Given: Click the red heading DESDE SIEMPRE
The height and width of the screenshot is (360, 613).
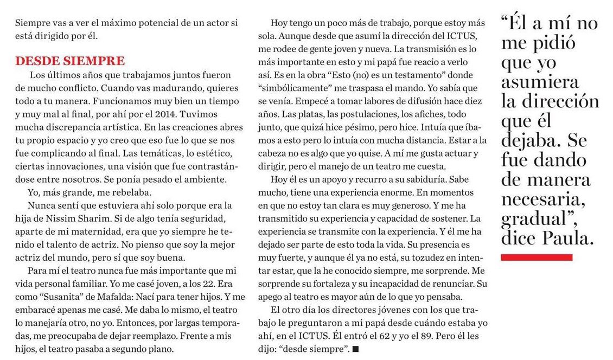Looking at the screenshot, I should point(69,61).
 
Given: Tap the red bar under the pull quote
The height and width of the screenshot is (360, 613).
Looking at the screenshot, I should point(537,258).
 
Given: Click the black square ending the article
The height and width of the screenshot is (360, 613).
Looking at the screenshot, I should point(355,350).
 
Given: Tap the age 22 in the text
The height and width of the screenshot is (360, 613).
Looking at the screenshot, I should point(201,284).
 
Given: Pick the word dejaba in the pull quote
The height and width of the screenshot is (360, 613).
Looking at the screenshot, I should point(532,140).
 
